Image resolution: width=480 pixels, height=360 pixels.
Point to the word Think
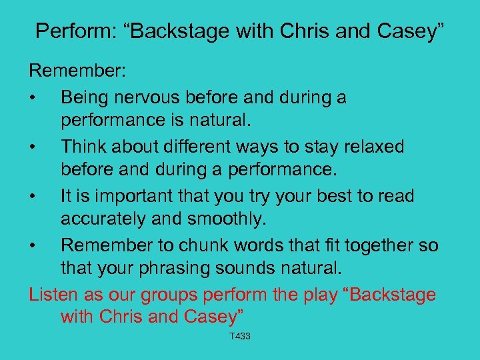tap(83, 147)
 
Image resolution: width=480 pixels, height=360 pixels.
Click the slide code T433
tap(239, 337)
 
